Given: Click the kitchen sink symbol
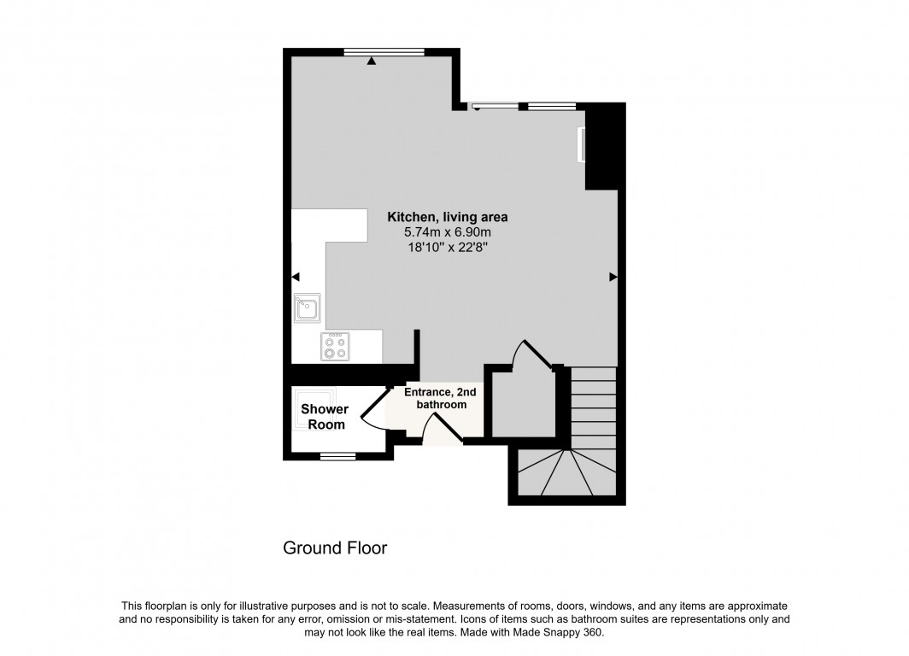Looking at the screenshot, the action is tap(308, 307).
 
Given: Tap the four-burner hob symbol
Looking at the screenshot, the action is tap(335, 346).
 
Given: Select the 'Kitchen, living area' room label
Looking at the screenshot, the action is tap(448, 217).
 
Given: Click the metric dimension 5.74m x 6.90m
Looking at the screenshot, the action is tap(448, 232).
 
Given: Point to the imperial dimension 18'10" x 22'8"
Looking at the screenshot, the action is tap(448, 248).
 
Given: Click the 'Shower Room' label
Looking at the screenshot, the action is tap(325, 417).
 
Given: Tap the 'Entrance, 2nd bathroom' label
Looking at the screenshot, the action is tap(441, 398).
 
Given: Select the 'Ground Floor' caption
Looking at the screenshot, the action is tap(335, 548).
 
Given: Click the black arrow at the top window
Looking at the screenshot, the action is tap(371, 61).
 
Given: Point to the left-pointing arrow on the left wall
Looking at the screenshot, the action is tap(296, 277).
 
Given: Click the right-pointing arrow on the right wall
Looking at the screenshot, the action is tap(613, 277).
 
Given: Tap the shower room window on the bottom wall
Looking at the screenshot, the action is tap(338, 456).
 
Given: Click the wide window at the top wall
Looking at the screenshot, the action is tap(384, 52).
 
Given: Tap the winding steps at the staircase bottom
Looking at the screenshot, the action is tap(567, 472).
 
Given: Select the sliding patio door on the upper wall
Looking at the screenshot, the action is tap(495, 107).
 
